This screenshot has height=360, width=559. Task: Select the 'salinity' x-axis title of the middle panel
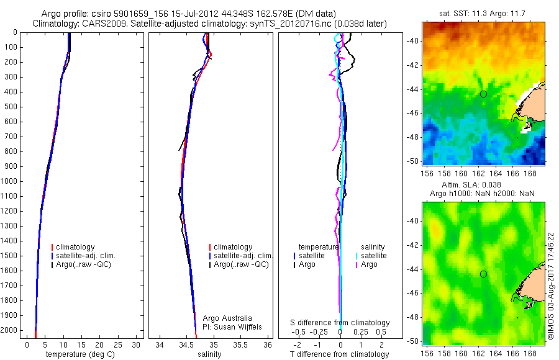209,354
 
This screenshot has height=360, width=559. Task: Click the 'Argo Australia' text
227,318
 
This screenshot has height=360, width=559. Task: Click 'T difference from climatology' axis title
340,354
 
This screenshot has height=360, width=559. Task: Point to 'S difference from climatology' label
340,323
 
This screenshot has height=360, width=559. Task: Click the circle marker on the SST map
483,94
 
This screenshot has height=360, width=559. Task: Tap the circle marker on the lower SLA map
483,274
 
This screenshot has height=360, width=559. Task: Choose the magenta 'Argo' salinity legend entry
369,264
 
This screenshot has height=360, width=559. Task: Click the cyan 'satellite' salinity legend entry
373,256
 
